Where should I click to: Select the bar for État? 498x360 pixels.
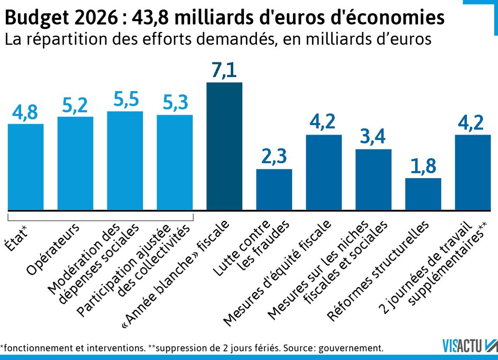tap(26, 167)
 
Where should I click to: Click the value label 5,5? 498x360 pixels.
tap(125, 100)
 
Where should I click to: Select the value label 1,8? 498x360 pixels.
tap(423, 166)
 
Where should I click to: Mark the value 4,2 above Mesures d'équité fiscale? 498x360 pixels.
tap(324, 123)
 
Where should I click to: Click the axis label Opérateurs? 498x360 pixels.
tap(54, 249)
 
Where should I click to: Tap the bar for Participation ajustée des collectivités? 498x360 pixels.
tap(175, 162)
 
